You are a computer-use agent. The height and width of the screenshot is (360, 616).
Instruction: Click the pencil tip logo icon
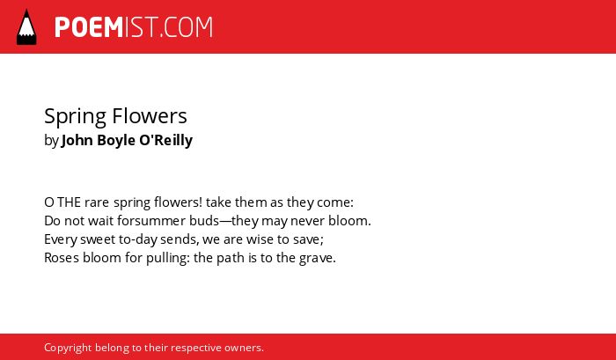pos(26,26)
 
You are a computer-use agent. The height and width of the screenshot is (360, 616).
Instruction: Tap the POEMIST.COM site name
pos(134,27)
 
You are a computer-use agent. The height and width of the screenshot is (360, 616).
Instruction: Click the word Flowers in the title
pos(150,116)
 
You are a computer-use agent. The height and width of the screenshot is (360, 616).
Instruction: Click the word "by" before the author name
pos(51,141)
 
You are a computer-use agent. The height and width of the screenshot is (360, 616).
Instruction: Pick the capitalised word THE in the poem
pos(70,202)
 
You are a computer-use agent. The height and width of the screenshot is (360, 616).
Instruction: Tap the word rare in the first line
pos(97,202)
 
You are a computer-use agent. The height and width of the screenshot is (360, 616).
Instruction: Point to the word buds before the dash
pos(204,221)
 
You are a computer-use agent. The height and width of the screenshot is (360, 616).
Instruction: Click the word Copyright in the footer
pos(68,349)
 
